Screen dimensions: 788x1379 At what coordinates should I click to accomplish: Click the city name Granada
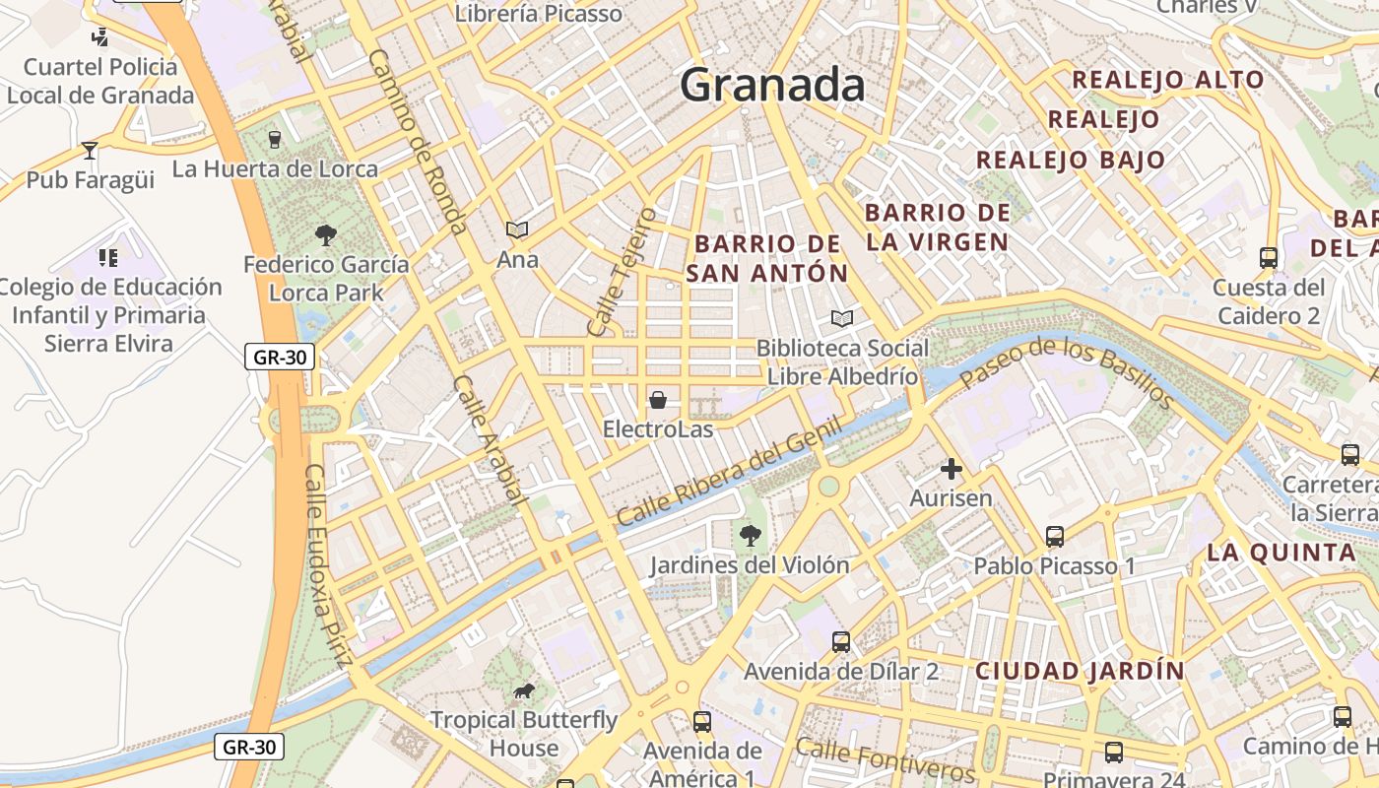pos(772,85)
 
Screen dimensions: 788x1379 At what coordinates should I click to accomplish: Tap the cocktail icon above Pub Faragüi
pos(90,151)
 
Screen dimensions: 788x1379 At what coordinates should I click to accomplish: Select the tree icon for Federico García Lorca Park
pos(326,235)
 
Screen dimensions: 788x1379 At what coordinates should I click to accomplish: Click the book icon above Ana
pos(517,230)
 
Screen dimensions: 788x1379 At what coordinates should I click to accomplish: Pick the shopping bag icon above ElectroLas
pos(657,400)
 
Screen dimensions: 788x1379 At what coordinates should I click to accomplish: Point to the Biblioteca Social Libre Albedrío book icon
pos(841,318)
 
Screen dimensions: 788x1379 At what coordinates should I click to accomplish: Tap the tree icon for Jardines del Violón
pos(750,535)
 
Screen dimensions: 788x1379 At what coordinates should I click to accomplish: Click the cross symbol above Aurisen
pos(951,469)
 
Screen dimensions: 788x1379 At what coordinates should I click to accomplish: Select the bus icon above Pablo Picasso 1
pos(1054,537)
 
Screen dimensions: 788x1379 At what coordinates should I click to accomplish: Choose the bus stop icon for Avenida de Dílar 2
pos(840,642)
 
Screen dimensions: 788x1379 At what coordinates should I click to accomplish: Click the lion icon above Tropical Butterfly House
pos(524,690)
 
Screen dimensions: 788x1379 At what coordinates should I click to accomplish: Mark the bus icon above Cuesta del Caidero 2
pos(1268,258)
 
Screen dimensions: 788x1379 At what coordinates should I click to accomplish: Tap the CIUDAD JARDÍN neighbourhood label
pos(1080,671)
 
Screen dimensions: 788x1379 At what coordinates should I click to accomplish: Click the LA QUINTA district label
pos(1280,553)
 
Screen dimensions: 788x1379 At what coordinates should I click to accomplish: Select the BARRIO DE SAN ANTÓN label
pos(766,258)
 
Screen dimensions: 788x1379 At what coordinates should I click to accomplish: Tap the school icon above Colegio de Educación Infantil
pos(108,258)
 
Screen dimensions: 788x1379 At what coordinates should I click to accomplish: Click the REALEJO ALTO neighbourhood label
pos(1167,80)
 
